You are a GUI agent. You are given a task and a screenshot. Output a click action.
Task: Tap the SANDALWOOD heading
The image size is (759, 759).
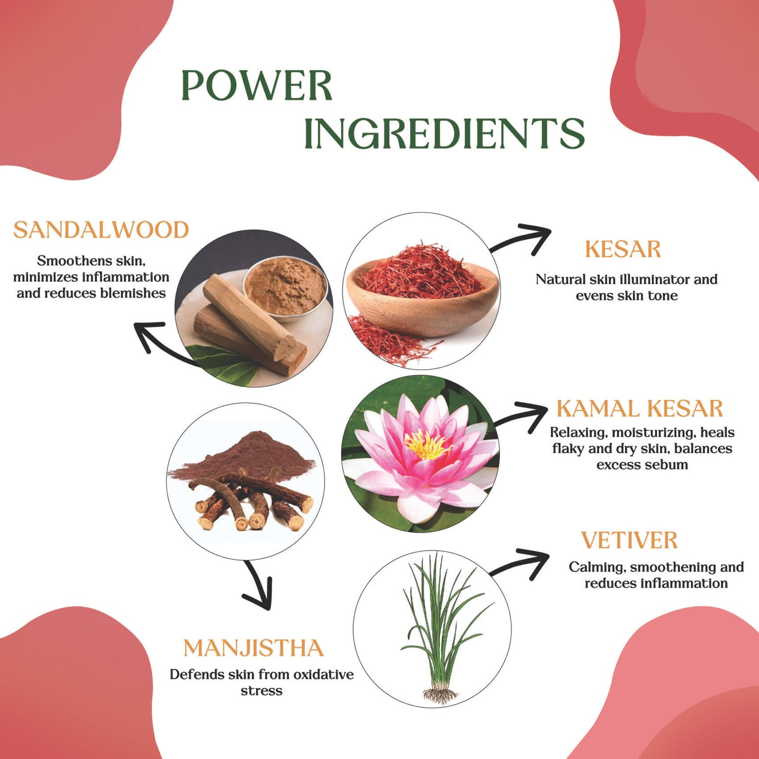coord(101,230)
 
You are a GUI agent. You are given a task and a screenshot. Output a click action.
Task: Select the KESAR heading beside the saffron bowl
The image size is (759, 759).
coord(623,250)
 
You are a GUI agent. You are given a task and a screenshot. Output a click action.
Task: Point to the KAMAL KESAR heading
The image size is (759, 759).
coord(639,409)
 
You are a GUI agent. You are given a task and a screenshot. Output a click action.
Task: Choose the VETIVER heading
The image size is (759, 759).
coord(629,541)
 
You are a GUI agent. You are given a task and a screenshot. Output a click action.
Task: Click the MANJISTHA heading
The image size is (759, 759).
coord(253,648)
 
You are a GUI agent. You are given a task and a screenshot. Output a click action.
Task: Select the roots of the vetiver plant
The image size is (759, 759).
coord(440,695)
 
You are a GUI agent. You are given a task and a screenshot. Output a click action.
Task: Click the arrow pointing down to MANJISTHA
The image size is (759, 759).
coord(259,586)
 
